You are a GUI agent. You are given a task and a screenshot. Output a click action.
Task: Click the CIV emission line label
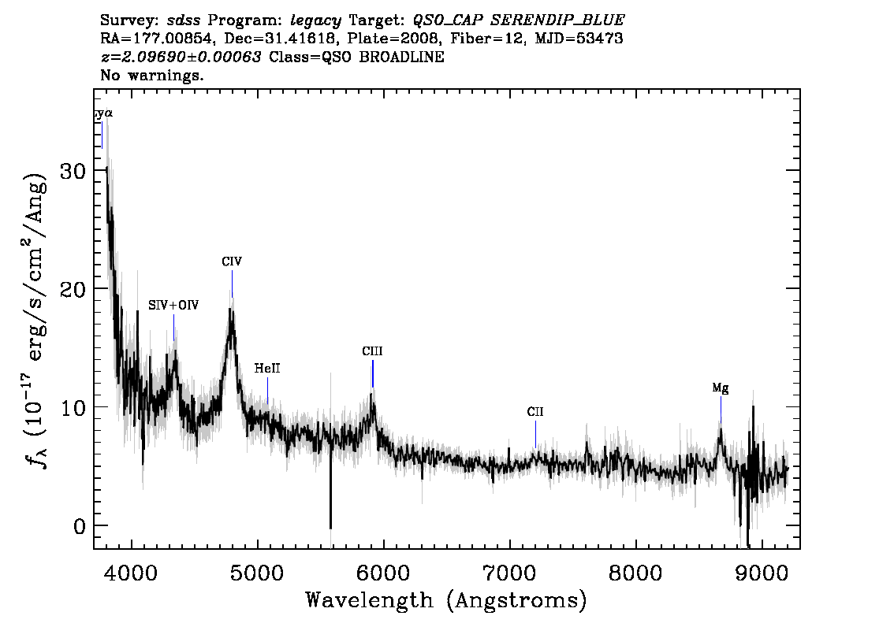232,262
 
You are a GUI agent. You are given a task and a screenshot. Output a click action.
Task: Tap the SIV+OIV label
173,306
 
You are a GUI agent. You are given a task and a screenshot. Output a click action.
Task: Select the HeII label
267,369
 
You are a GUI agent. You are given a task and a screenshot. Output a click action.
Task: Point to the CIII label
372,351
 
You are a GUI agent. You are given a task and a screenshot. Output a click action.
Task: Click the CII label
535,411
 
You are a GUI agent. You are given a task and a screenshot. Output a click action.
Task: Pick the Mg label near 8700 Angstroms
720,388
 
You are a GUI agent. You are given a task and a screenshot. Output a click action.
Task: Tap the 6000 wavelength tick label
383,573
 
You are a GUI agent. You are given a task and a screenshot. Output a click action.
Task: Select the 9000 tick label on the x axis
761,573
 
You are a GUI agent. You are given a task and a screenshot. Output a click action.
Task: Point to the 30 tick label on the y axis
73,170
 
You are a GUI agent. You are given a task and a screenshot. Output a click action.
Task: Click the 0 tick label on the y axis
80,526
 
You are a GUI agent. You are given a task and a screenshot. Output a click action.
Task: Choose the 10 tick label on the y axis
73,407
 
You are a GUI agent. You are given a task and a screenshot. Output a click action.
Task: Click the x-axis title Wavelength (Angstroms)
446,600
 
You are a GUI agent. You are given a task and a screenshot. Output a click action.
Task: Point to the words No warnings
151,75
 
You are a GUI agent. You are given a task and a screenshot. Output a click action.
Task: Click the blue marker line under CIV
232,284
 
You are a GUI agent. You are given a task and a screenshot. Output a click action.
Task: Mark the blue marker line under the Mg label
721,410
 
